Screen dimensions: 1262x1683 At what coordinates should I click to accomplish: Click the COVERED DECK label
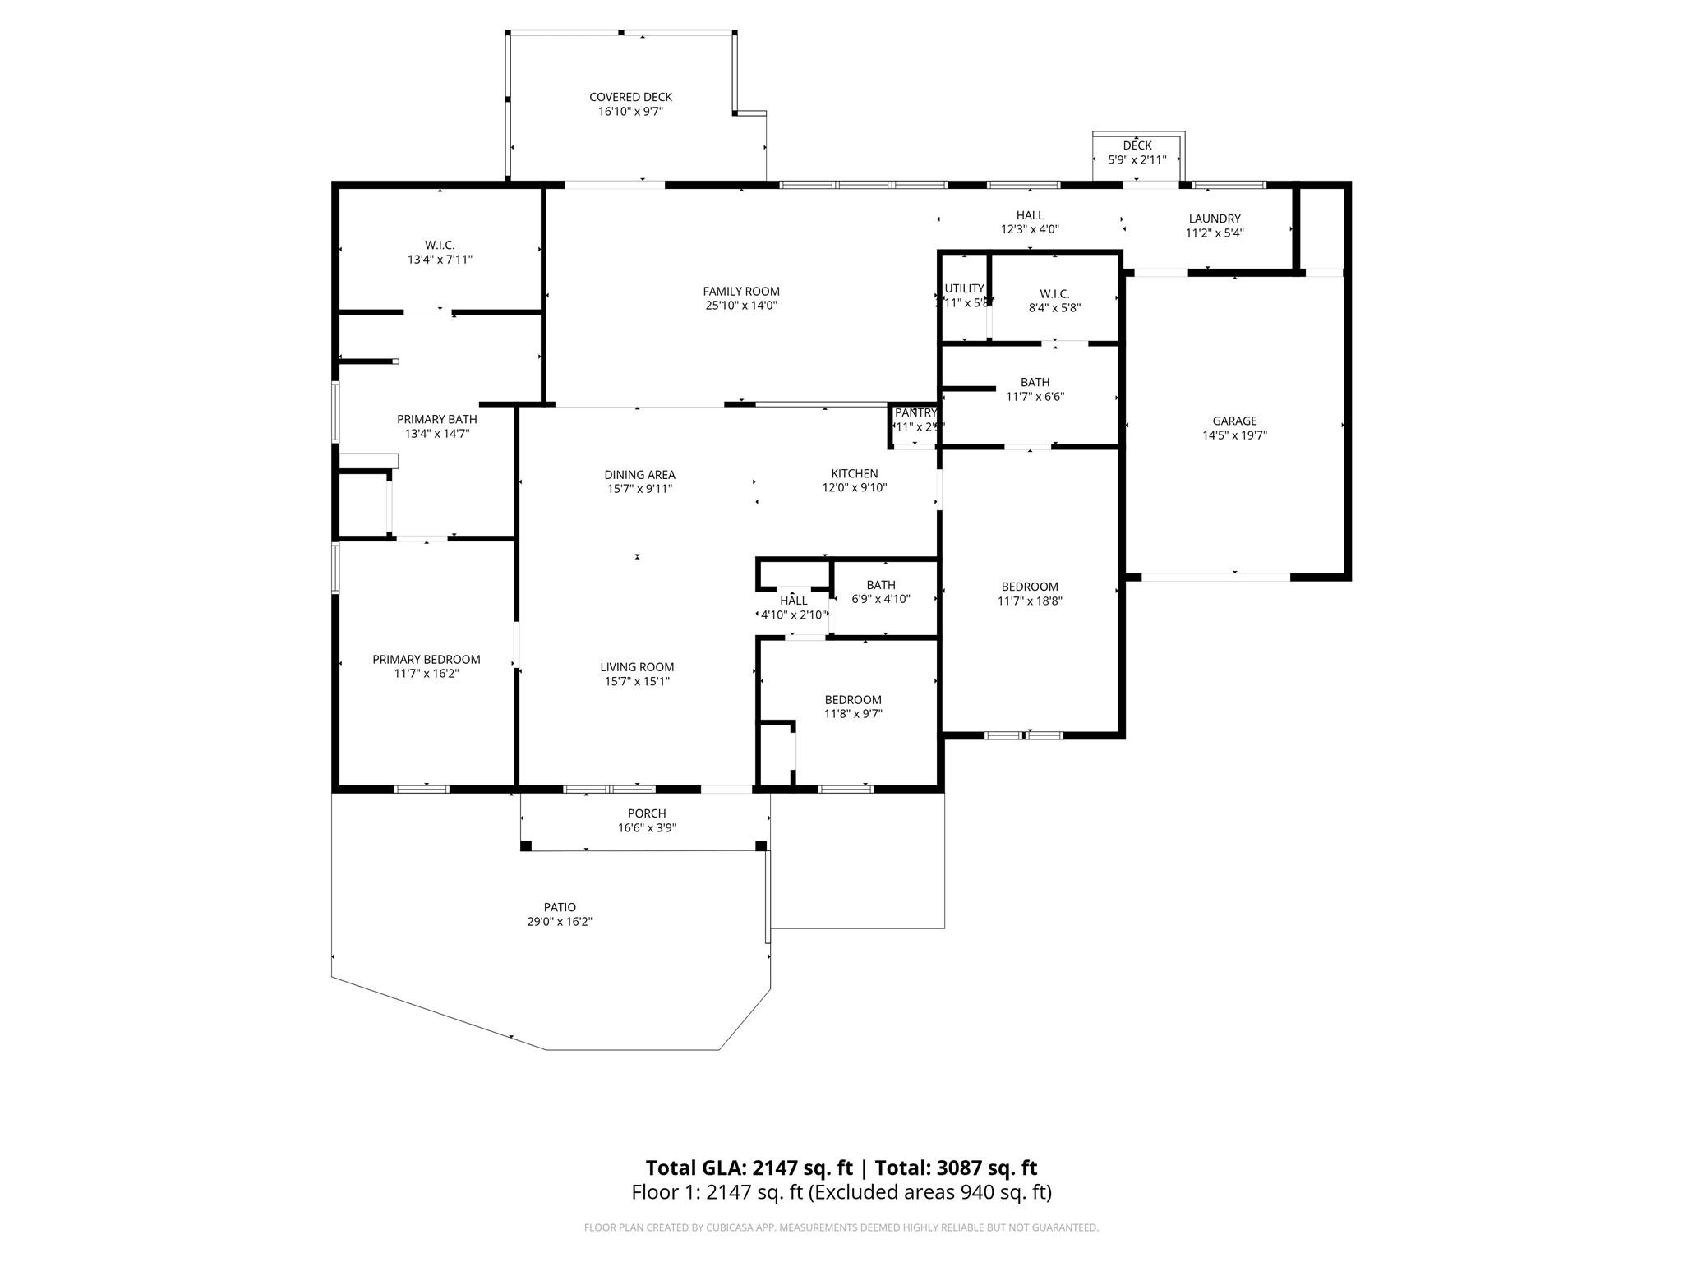point(630,97)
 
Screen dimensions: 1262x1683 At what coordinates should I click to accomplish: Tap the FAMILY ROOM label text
point(740,291)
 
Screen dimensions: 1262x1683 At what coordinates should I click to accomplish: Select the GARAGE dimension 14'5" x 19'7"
point(1234,435)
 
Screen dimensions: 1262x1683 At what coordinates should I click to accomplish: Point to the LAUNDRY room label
point(1214,219)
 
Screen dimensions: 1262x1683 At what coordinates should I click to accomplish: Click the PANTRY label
point(915,412)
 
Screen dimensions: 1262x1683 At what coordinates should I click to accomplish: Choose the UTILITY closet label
point(964,288)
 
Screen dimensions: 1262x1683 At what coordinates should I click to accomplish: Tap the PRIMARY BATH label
point(436,419)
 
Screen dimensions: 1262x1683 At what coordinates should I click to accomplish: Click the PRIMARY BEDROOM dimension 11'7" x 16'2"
point(426,674)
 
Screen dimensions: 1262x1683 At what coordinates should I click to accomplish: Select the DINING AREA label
point(639,474)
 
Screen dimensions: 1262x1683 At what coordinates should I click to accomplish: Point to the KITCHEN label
point(854,473)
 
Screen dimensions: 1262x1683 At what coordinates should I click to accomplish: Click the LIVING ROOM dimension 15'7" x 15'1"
point(637,681)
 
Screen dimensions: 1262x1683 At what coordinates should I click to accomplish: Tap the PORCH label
point(647,813)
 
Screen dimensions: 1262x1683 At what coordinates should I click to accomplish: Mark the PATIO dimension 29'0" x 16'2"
point(560,922)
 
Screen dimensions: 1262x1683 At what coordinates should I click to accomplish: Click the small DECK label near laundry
point(1137,145)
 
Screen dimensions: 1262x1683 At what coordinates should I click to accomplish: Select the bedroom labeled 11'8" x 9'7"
point(853,707)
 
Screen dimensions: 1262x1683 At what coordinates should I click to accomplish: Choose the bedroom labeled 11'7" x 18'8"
point(1029,593)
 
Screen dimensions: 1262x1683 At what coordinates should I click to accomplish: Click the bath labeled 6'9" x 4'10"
point(880,592)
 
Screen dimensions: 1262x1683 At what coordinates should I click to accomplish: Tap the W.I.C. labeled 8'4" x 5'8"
point(1054,301)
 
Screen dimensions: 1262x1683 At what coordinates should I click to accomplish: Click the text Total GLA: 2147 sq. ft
point(749,1168)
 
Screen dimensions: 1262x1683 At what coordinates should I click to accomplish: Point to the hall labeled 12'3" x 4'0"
point(1029,222)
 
